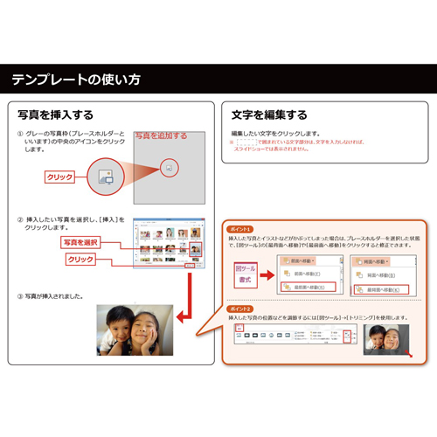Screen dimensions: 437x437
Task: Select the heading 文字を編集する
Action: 269,114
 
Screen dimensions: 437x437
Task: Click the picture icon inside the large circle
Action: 105,174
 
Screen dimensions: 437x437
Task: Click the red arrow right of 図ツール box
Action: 267,267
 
